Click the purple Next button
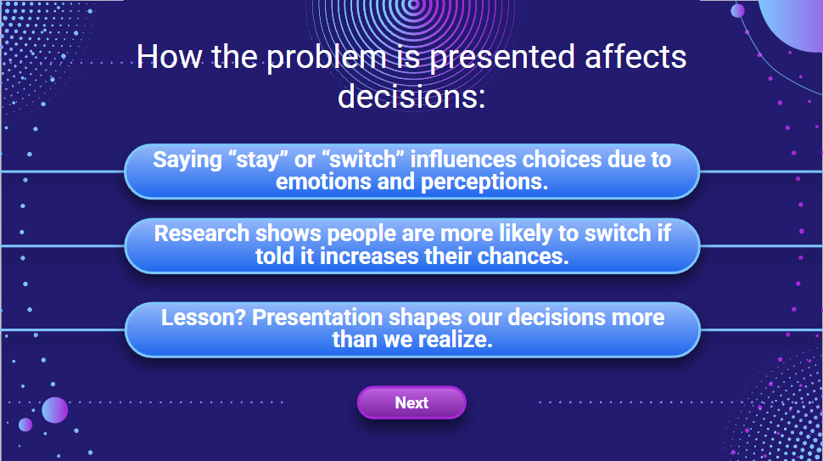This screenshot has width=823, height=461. point(411,402)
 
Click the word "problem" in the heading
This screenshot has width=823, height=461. point(327,57)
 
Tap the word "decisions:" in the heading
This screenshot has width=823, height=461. point(411,96)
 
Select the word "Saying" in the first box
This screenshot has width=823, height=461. point(188,160)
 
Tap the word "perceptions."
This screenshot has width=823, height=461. point(484,183)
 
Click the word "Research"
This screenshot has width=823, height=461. point(202,233)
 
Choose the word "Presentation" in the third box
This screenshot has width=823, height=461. point(317,318)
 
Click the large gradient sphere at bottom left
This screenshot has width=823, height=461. point(54,410)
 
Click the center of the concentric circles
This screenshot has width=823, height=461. point(413,5)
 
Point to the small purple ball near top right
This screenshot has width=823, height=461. point(737,10)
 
